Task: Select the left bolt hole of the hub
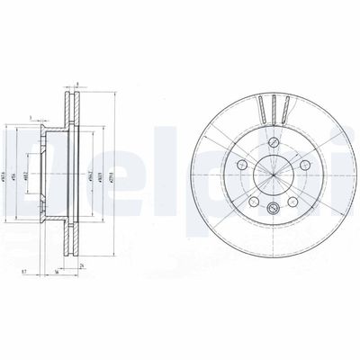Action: pos(241,166)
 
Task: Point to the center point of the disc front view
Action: pos(272,176)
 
